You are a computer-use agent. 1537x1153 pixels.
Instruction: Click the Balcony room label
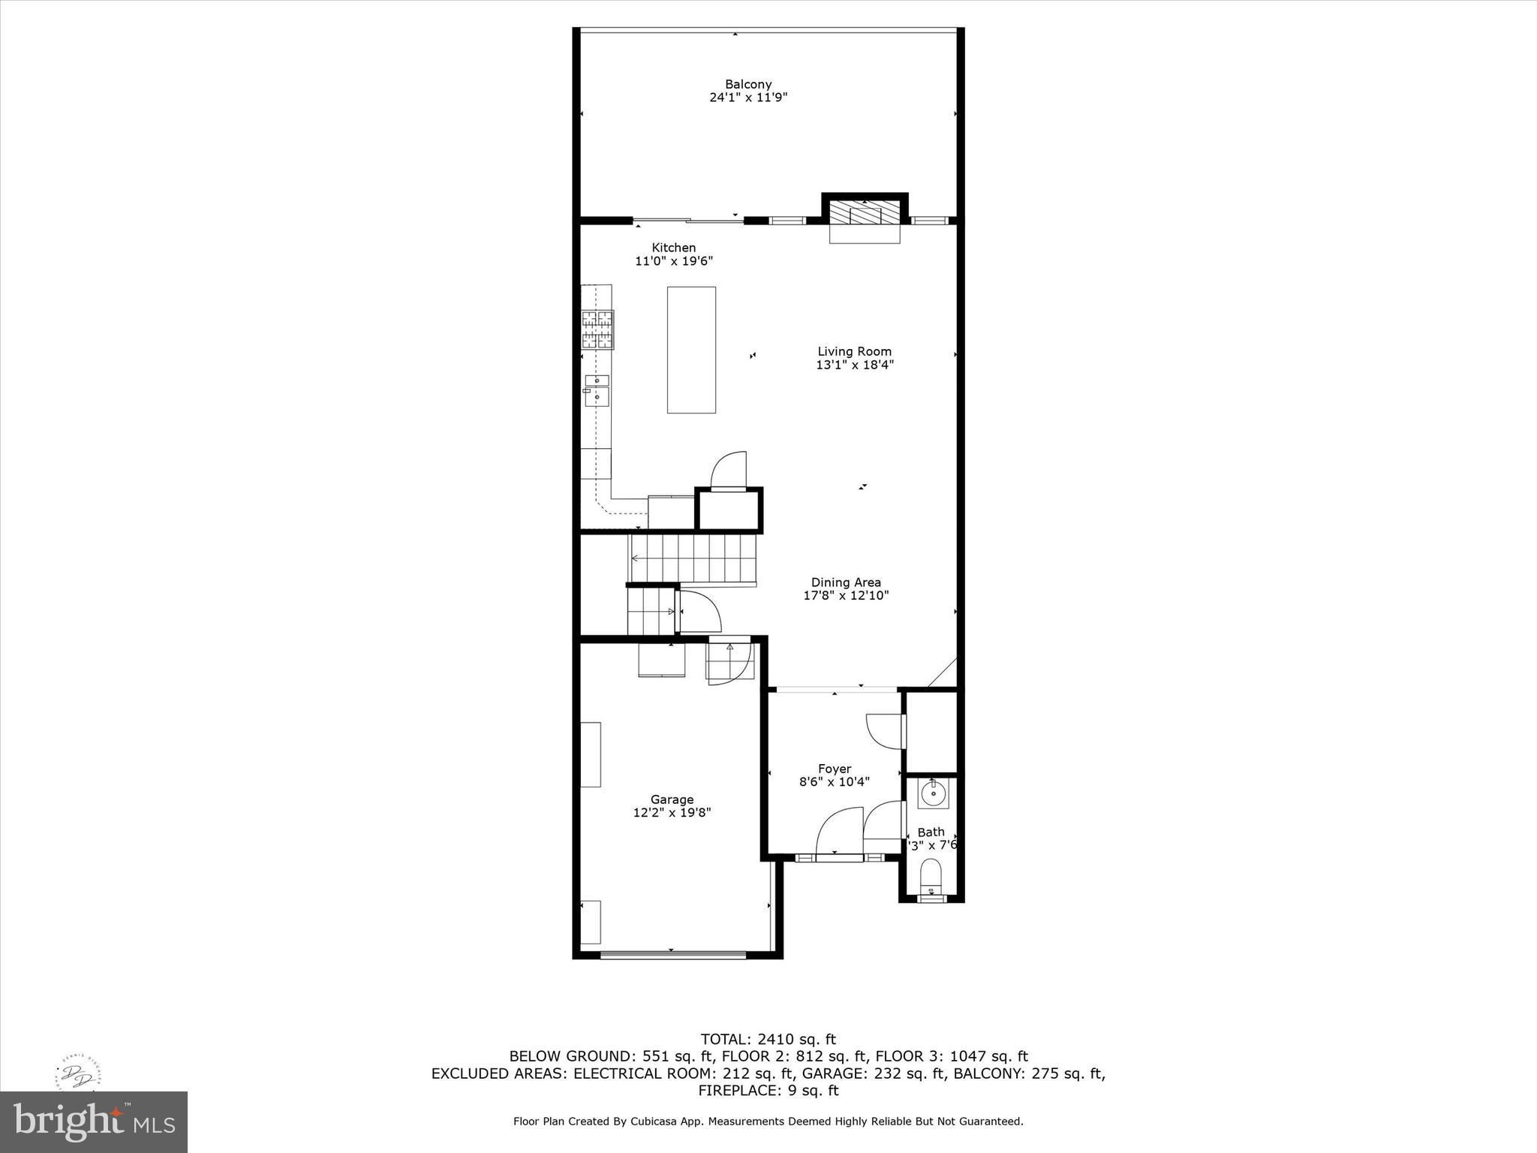click(x=747, y=84)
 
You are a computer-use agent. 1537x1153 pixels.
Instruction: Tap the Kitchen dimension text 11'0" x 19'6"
click(x=673, y=261)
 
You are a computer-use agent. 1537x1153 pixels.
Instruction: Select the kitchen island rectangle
click(x=691, y=350)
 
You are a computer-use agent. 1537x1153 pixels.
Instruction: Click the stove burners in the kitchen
click(x=597, y=330)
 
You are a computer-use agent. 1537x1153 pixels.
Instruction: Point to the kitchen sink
click(x=597, y=390)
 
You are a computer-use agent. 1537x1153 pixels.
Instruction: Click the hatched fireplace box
click(x=865, y=213)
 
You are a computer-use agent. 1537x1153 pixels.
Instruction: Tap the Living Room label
click(x=854, y=351)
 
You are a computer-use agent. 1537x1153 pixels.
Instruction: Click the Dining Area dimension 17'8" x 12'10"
click(x=846, y=595)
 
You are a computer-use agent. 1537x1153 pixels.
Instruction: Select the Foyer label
click(x=834, y=769)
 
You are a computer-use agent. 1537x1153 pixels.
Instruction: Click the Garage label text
click(x=672, y=799)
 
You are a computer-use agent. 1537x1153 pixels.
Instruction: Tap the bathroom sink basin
click(x=933, y=793)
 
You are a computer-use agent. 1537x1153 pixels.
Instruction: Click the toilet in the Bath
click(x=931, y=877)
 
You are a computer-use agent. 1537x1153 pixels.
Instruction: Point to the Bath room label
click(x=931, y=832)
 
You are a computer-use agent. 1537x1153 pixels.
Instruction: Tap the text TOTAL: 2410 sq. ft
click(x=768, y=1040)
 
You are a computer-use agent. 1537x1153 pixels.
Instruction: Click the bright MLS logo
click(x=94, y=1121)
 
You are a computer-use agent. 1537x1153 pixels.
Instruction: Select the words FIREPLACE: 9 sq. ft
click(x=768, y=1091)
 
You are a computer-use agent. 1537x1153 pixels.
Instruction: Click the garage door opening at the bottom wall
click(x=673, y=955)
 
